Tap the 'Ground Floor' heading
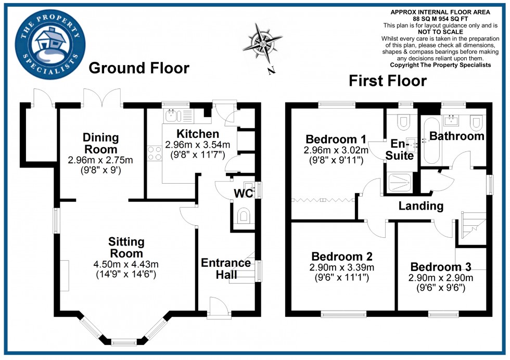[138, 68]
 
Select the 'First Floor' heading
[388, 81]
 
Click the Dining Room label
[100, 143]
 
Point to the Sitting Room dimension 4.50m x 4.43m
[126, 265]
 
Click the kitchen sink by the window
[171, 115]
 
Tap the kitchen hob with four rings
[155, 153]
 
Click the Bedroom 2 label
[342, 256]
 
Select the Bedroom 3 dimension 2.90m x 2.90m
[440, 278]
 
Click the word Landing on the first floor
[421, 206]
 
